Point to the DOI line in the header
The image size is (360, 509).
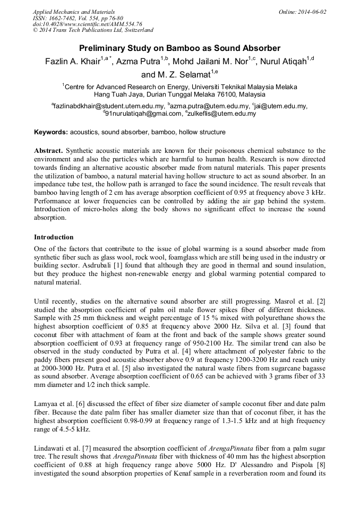pos(88,24)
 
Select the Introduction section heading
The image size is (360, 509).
pos(54,237)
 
